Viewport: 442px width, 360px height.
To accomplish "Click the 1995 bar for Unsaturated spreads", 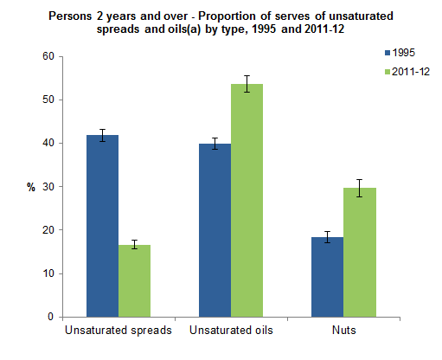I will click(103, 226).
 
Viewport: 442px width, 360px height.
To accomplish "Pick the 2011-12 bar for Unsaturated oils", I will click(247, 200).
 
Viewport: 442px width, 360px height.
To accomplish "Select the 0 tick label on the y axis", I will click(51, 317).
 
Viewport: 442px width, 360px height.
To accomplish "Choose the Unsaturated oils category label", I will click(230, 331).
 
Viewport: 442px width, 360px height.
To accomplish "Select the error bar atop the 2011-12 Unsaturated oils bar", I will click(247, 83).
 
